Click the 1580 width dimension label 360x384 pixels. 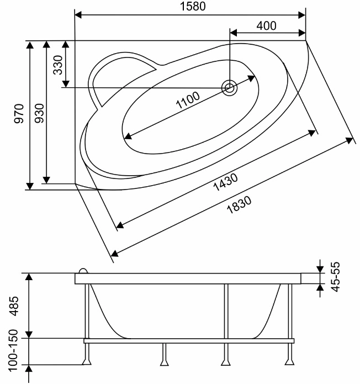pyautogui.click(x=193, y=7)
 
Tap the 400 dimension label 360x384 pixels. pyautogui.click(x=267, y=25)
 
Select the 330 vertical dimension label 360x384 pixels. pyautogui.click(x=58, y=65)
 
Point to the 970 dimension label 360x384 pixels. pyautogui.click(x=19, y=113)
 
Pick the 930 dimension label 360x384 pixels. pyautogui.click(x=39, y=113)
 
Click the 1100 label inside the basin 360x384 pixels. pyautogui.click(x=188, y=100)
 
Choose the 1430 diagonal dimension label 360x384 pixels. pyautogui.click(x=225, y=182)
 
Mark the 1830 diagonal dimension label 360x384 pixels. pyautogui.click(x=239, y=205)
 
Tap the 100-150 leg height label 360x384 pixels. pyautogui.click(x=13, y=350)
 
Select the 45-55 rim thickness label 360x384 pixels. pyautogui.click(x=335, y=277)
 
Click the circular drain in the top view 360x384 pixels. pyautogui.click(x=229, y=88)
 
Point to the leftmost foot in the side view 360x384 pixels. pyautogui.click(x=87, y=361)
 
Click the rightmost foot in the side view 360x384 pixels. pyautogui.click(x=290, y=361)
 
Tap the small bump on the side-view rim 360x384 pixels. pyautogui.click(x=83, y=271)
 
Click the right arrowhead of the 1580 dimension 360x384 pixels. pyautogui.click(x=302, y=15)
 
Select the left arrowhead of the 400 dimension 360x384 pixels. pyautogui.click(x=234, y=33)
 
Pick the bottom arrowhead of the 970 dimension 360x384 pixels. pyautogui.click(x=30, y=186)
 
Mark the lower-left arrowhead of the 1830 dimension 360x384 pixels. pyautogui.click(x=115, y=254)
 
